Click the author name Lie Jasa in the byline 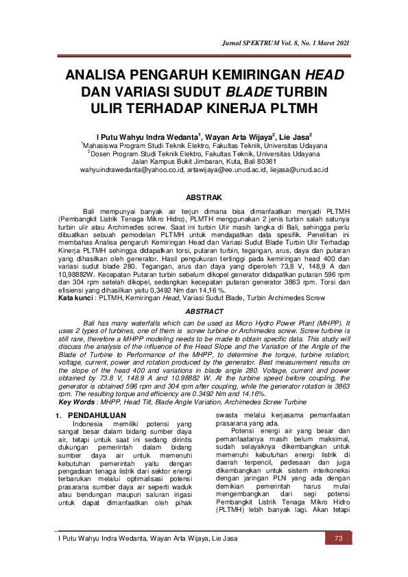click(295, 136)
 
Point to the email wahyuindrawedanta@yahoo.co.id click(133, 169)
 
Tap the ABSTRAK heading click(204, 197)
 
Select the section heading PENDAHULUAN click(96, 415)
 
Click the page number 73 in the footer click(338, 538)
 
